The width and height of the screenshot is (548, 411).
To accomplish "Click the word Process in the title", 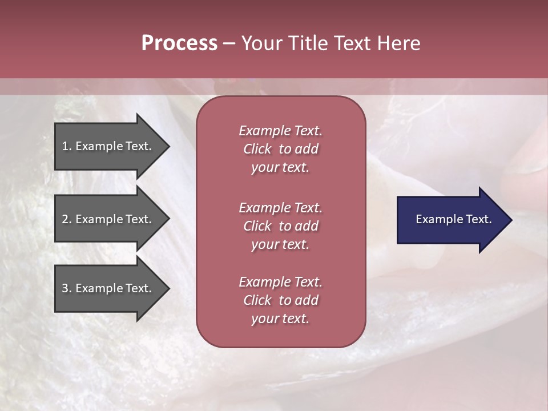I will pyautogui.click(x=179, y=43).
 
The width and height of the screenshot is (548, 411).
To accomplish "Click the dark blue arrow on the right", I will pyautogui.click(x=445, y=219).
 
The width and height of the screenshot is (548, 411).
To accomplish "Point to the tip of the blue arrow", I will pyautogui.click(x=511, y=219).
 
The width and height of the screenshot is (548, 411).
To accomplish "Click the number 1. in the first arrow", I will pyautogui.click(x=67, y=146).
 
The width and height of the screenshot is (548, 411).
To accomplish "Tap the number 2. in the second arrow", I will pyautogui.click(x=67, y=219).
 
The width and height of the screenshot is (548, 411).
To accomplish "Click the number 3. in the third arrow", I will pyautogui.click(x=67, y=288).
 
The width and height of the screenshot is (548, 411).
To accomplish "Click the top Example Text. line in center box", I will pyautogui.click(x=280, y=131).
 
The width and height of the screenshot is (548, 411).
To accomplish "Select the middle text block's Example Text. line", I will pyautogui.click(x=280, y=208).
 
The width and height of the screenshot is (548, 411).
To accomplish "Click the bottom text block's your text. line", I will pyautogui.click(x=280, y=319).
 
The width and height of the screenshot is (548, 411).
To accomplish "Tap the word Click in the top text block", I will pyautogui.click(x=257, y=149).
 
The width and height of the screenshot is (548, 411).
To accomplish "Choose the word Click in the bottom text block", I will pyautogui.click(x=257, y=300).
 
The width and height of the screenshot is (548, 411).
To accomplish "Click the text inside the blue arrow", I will pyautogui.click(x=453, y=219).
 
